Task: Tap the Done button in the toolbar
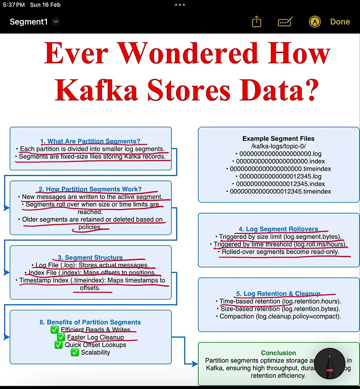click(x=340, y=22)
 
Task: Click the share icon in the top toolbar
click(x=256, y=22)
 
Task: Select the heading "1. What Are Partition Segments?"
click(x=90, y=142)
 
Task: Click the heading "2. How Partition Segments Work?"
click(x=90, y=189)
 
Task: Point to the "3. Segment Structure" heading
click(x=90, y=258)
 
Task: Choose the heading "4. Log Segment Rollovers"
click(x=278, y=229)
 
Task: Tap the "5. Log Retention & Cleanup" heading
click(x=278, y=294)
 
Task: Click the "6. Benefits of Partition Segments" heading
click(x=90, y=322)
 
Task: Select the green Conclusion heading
click(x=279, y=353)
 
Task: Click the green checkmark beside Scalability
click(x=76, y=352)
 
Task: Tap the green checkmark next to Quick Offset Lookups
click(x=59, y=345)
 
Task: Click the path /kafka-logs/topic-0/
click(x=279, y=146)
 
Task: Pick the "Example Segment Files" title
click(x=279, y=138)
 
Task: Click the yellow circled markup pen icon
click(x=315, y=22)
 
